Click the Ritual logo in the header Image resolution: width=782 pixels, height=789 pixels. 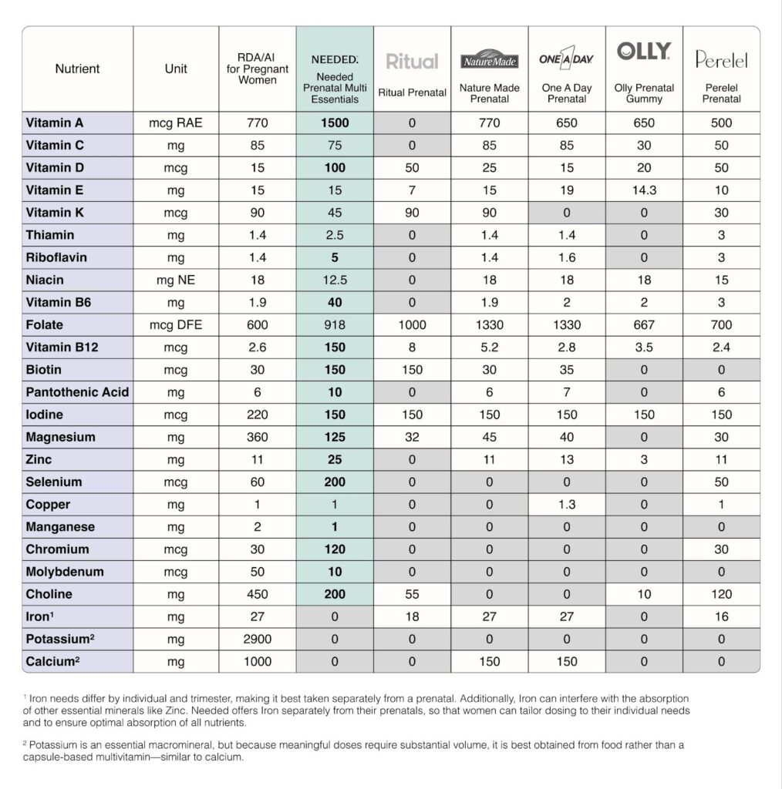[x=412, y=62]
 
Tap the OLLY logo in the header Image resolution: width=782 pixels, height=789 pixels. [x=644, y=52]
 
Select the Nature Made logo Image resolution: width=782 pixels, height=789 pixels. [x=489, y=62]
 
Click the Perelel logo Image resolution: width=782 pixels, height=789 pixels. [x=721, y=60]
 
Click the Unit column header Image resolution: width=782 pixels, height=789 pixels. [x=176, y=69]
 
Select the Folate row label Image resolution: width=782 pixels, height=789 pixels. [x=45, y=325]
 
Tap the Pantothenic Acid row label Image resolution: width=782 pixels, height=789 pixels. [x=77, y=392]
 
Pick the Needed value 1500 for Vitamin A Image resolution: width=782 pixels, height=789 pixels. [x=335, y=123]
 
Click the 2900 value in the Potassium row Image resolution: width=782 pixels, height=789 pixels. [x=257, y=640]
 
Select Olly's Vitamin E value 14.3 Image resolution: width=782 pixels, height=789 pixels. [x=644, y=190]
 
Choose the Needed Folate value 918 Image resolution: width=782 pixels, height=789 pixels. [x=335, y=325]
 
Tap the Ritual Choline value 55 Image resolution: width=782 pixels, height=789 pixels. [x=412, y=594]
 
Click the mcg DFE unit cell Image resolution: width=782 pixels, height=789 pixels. [x=176, y=325]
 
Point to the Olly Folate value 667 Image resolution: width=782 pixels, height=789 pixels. [x=644, y=325]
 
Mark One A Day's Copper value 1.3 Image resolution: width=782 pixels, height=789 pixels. [x=566, y=505]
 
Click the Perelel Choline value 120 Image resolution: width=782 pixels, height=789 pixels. [x=721, y=594]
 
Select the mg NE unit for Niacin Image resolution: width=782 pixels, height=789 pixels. [x=176, y=280]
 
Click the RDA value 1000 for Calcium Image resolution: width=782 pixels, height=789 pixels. [x=257, y=661]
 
